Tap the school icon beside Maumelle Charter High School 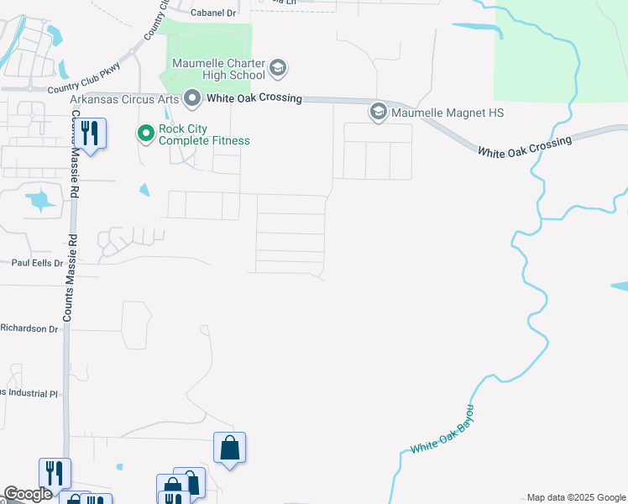(279, 66)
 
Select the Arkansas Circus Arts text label (123, 98)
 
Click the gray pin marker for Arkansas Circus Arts (192, 99)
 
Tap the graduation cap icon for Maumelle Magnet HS (378, 112)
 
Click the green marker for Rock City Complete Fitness (145, 133)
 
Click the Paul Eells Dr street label (37, 263)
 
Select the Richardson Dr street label (29, 328)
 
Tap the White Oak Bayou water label (442, 429)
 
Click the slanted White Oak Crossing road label (525, 145)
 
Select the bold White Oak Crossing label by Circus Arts (254, 98)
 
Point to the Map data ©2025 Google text (575, 497)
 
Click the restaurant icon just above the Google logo (55, 473)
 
